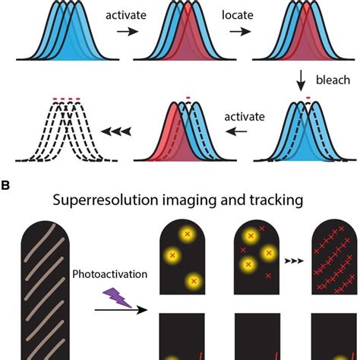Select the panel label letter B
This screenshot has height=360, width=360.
pos(5,184)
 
